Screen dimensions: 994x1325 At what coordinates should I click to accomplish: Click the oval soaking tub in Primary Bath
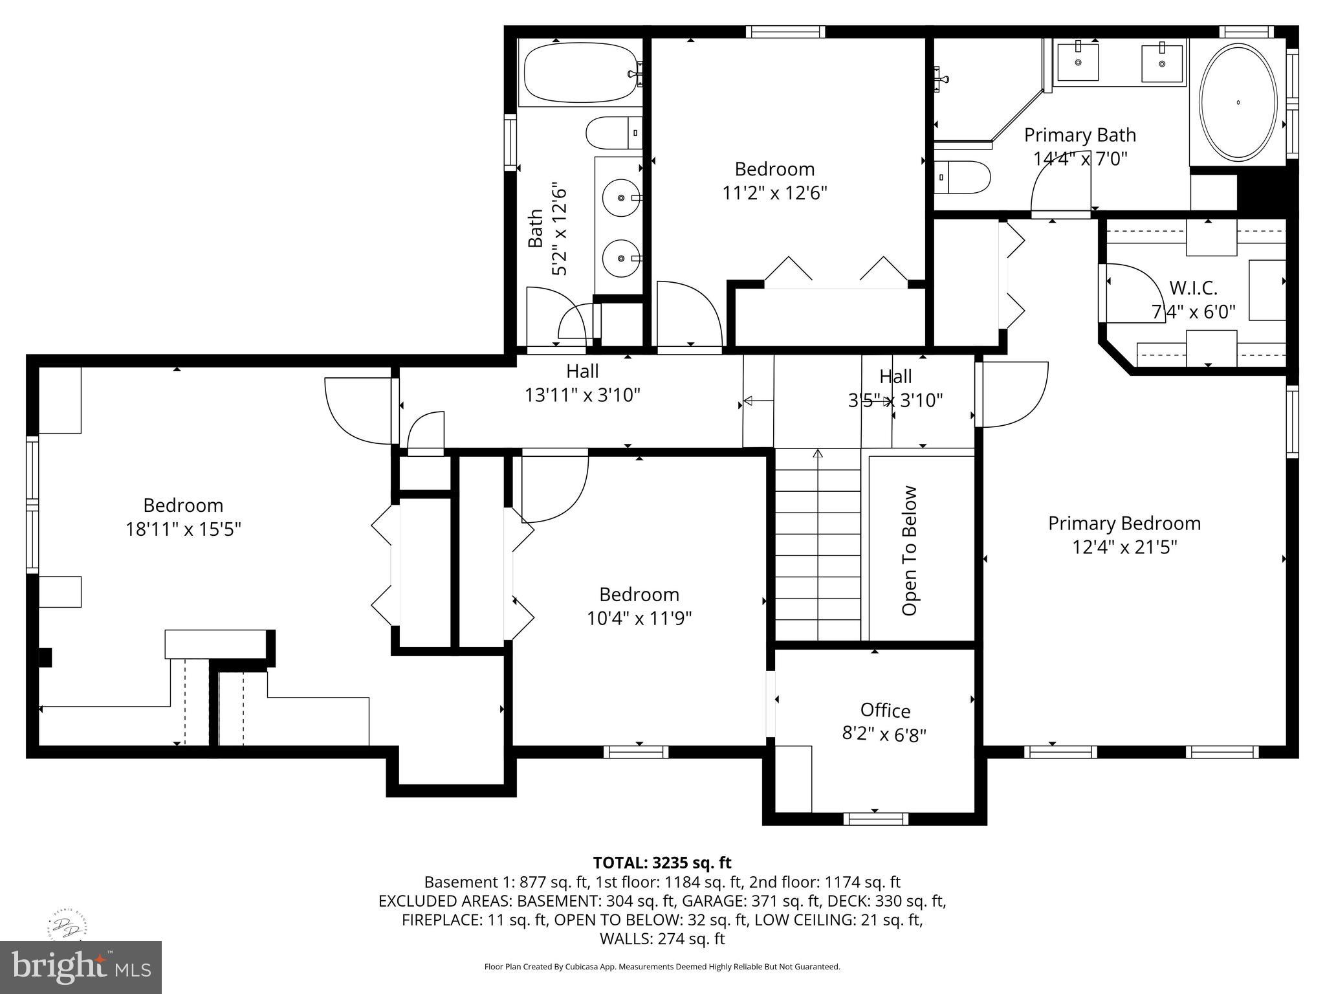coord(1238,102)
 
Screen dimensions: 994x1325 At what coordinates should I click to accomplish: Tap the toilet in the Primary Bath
coord(965,177)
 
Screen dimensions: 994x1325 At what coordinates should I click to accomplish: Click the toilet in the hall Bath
coord(613,133)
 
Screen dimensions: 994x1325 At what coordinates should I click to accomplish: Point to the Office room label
coord(885,711)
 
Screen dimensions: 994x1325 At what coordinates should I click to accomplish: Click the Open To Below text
coord(910,551)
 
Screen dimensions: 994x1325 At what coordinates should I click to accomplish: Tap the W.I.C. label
coord(1193,288)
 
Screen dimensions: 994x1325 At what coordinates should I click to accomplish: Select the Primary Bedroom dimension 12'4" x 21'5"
coord(1124,547)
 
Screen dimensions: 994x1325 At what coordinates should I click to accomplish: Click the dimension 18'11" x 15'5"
coord(183,529)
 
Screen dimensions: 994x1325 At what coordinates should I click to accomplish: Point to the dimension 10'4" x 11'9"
coord(639,619)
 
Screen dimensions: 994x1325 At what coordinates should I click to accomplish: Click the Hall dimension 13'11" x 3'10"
coord(582,395)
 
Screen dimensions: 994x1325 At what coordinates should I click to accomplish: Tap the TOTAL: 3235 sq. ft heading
coord(662,863)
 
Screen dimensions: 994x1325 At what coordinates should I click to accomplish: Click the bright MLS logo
coord(81,967)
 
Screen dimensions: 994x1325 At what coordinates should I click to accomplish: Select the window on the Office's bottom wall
coord(875,819)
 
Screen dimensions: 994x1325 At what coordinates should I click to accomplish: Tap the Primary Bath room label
coord(1080,135)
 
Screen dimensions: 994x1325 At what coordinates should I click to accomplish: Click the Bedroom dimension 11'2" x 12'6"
coord(774,193)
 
